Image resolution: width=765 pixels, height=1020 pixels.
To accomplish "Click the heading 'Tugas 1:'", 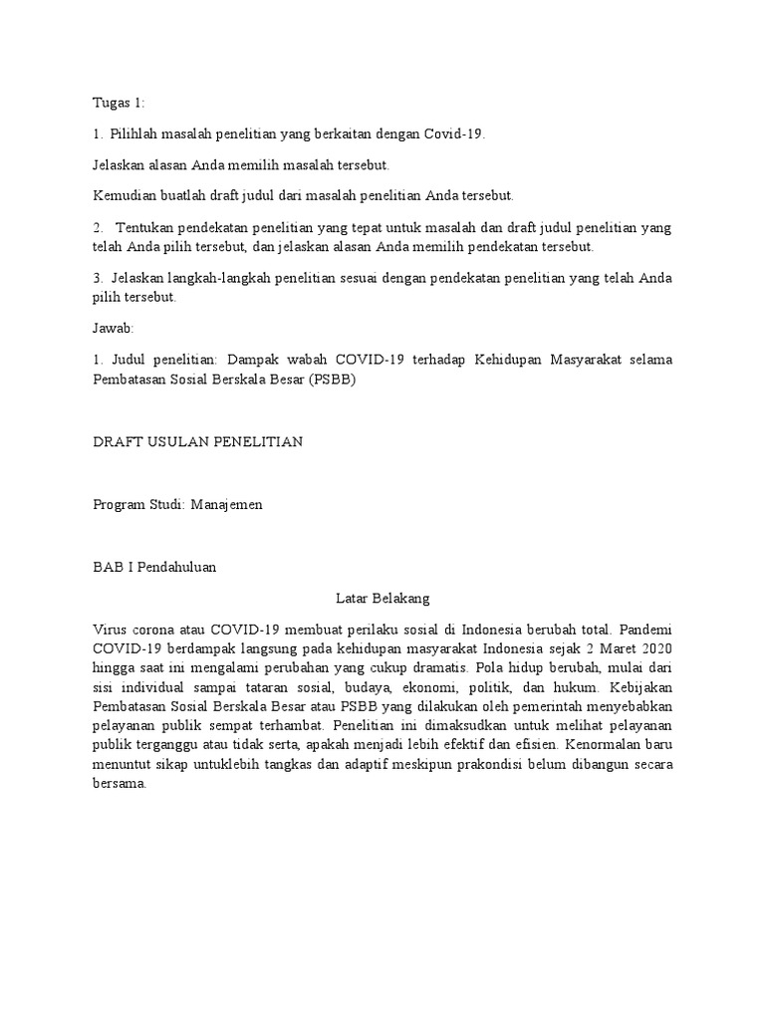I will tap(119, 103).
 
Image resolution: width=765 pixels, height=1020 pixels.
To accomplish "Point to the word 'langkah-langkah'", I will tap(209, 279).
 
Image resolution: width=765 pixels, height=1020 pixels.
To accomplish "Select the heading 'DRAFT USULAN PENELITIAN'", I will tap(197, 442).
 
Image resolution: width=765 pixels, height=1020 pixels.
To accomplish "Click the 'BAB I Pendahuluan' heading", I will tap(153, 567).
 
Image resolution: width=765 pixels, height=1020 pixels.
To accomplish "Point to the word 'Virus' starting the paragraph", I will tap(110, 630).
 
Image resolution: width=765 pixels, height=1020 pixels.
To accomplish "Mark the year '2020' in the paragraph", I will tap(655, 648).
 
